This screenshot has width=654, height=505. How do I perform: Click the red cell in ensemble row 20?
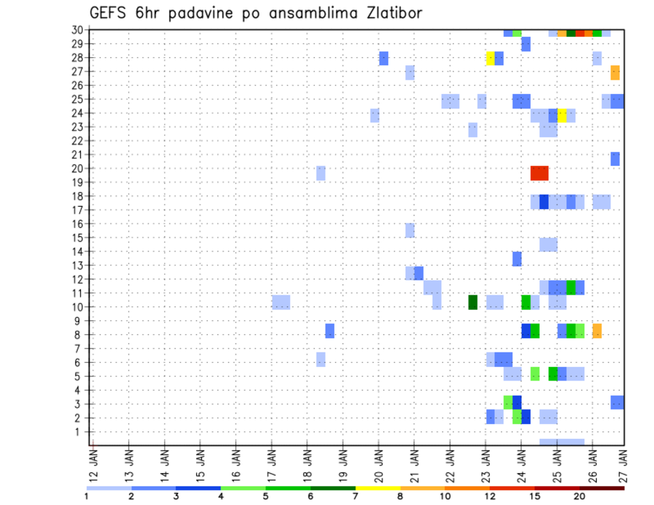point(540,173)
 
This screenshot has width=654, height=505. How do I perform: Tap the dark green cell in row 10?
point(473,302)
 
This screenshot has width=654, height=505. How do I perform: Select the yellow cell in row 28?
point(490,59)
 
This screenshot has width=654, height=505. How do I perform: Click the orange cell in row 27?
point(615,72)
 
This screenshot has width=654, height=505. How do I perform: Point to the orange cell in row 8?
point(597,331)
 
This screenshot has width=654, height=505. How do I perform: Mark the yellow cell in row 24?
point(562,115)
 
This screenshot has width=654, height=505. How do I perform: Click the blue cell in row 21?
point(615,159)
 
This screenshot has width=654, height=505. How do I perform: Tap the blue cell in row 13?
point(517,259)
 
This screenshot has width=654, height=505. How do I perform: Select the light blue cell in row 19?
point(321,173)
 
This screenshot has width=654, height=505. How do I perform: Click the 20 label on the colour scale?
point(580,496)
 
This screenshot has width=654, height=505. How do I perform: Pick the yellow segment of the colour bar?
point(378,488)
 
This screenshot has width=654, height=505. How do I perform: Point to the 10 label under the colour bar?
point(445,496)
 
